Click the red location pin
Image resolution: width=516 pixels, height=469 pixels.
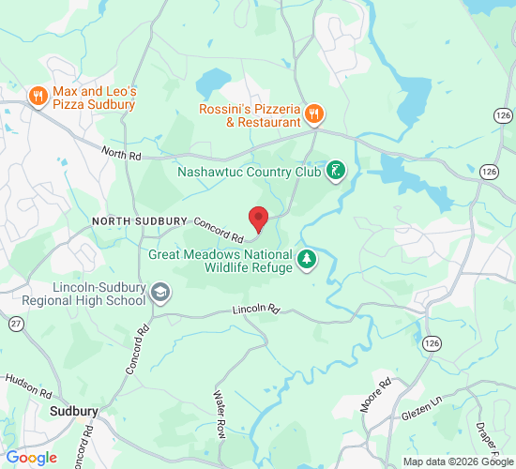click(x=258, y=218)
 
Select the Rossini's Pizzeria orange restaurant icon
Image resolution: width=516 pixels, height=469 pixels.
click(x=314, y=115)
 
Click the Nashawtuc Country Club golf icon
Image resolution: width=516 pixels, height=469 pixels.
click(x=335, y=172)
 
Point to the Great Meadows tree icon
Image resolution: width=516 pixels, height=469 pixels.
click(x=306, y=259)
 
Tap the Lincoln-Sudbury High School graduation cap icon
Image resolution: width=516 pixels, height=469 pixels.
click(x=160, y=294)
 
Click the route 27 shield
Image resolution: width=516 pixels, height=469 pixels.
click(x=16, y=323)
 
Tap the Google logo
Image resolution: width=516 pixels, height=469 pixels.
click(x=31, y=457)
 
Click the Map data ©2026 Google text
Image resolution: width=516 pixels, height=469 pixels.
click(x=458, y=461)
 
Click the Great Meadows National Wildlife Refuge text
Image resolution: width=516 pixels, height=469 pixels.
click(x=220, y=260)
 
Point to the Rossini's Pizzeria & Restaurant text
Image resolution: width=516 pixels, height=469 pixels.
click(x=249, y=115)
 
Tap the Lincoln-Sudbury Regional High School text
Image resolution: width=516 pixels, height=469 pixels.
click(x=83, y=294)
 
